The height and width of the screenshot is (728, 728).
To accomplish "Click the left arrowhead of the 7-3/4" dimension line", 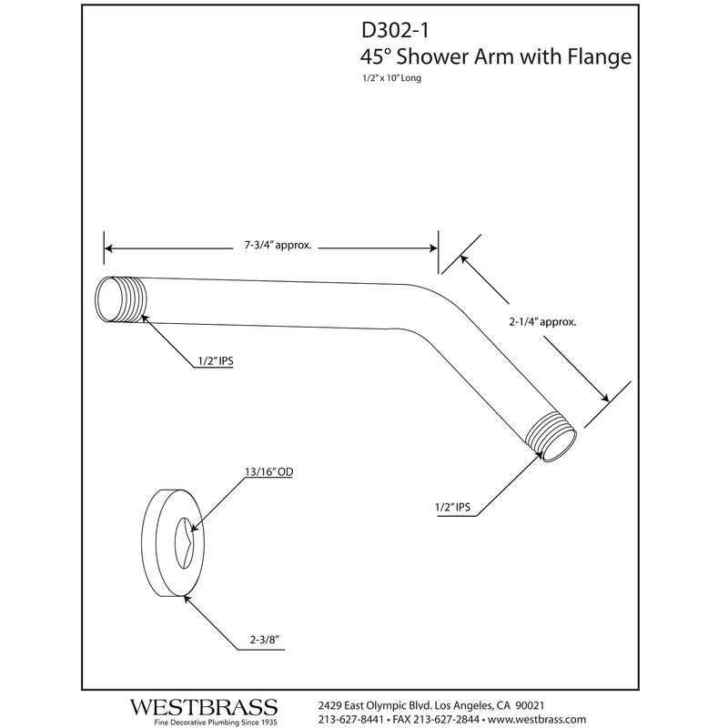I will pyautogui.click(x=108, y=245).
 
